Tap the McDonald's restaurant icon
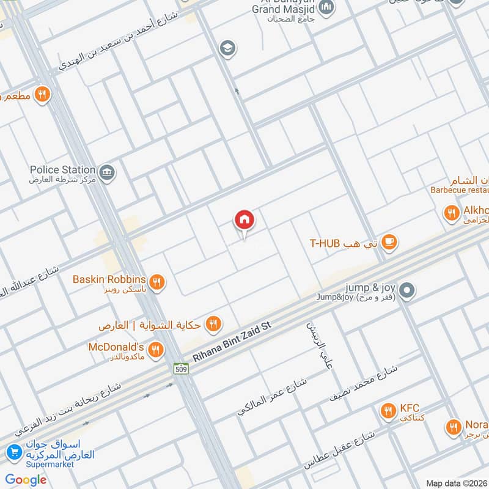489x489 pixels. [156, 349]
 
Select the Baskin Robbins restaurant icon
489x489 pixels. [157, 281]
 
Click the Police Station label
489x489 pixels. [63, 169]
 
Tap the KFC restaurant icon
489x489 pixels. [387, 411]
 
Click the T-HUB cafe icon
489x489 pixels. [388, 243]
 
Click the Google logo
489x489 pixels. [26, 480]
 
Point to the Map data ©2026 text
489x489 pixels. [457, 483]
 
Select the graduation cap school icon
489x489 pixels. [228, 48]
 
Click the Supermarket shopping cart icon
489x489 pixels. [13, 453]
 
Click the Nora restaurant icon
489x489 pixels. [453, 427]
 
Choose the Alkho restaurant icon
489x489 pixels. [451, 213]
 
